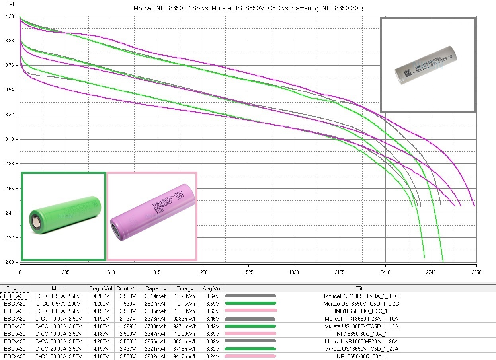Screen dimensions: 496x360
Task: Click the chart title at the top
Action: click(248, 8)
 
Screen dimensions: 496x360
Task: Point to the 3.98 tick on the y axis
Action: click(10, 41)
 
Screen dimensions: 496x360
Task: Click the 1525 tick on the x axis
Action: click(248, 272)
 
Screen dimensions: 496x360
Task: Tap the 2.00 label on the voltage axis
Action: click(10, 262)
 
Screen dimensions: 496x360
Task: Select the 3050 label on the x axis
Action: click(476, 272)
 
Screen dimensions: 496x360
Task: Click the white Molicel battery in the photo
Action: click(426, 65)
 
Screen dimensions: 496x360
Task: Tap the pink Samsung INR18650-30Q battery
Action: click(152, 212)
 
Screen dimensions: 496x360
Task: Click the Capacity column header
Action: click(156, 288)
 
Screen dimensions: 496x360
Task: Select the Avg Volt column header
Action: click(213, 288)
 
